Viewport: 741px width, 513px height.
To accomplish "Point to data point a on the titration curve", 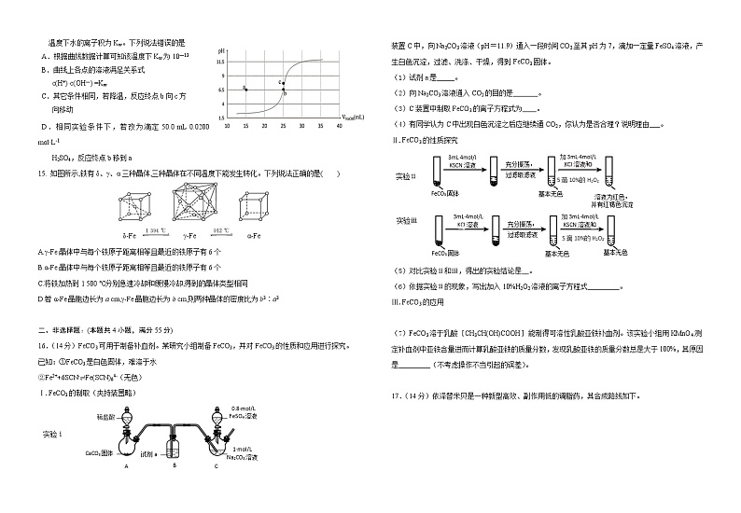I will tap(245, 89).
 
